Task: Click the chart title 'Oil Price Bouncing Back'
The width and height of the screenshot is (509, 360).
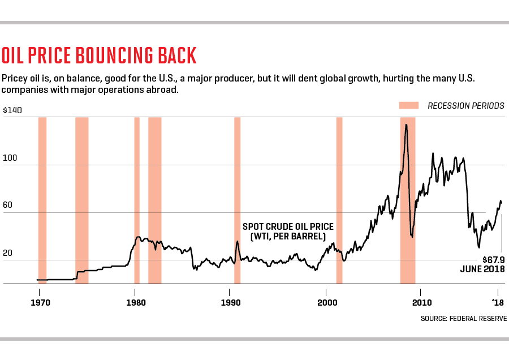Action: [99, 56]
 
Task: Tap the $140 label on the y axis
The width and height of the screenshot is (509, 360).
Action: [12, 110]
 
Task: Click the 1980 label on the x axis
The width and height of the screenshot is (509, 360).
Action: [135, 303]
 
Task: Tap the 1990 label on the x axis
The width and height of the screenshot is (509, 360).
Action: [230, 303]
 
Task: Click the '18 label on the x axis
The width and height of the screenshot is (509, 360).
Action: [498, 303]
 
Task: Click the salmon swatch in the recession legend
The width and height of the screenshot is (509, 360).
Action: [408, 105]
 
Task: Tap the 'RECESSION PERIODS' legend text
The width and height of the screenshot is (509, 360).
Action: [465, 106]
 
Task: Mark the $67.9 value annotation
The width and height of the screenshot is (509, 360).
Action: [493, 259]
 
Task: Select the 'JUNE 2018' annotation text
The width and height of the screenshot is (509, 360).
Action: [482, 269]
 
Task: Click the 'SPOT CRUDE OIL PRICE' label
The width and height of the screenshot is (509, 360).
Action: [288, 226]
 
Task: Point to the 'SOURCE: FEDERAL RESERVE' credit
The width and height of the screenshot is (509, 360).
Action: [463, 319]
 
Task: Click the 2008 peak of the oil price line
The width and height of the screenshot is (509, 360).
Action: [406, 125]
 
